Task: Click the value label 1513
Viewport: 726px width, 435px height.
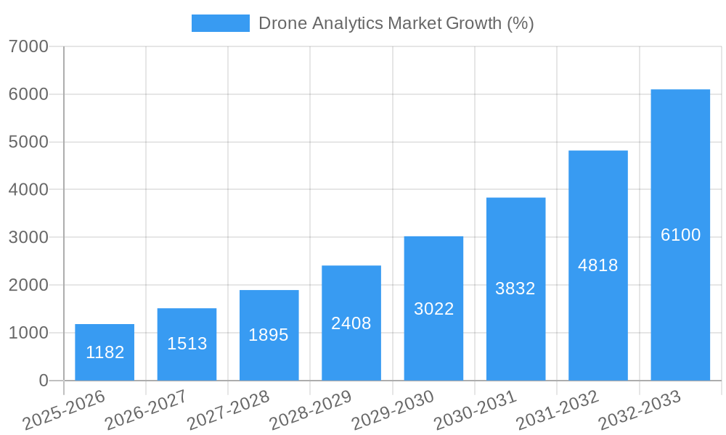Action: pos(187,344)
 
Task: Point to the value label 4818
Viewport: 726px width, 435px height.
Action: pos(597,265)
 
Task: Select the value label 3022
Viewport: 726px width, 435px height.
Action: pos(433,309)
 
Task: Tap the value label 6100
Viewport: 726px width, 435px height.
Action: pos(680,235)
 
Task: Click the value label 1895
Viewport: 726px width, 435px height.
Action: pos(269,335)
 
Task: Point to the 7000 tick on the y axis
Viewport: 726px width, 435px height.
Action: pos(28,46)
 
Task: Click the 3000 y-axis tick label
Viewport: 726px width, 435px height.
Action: pos(28,237)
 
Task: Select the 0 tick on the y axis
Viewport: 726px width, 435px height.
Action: pos(44,381)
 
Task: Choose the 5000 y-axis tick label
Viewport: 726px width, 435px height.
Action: pos(28,142)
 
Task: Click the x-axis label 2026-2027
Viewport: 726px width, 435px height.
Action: pos(145,410)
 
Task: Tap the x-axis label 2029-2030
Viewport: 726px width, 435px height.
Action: pos(392,410)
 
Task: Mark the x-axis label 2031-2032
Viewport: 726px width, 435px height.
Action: pos(557,410)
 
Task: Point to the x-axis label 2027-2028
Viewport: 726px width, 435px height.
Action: pos(228,410)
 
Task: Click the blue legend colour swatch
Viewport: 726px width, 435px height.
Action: pos(220,23)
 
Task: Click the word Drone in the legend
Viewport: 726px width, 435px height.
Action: pos(282,23)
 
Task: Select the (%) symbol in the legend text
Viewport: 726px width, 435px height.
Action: pos(521,23)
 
